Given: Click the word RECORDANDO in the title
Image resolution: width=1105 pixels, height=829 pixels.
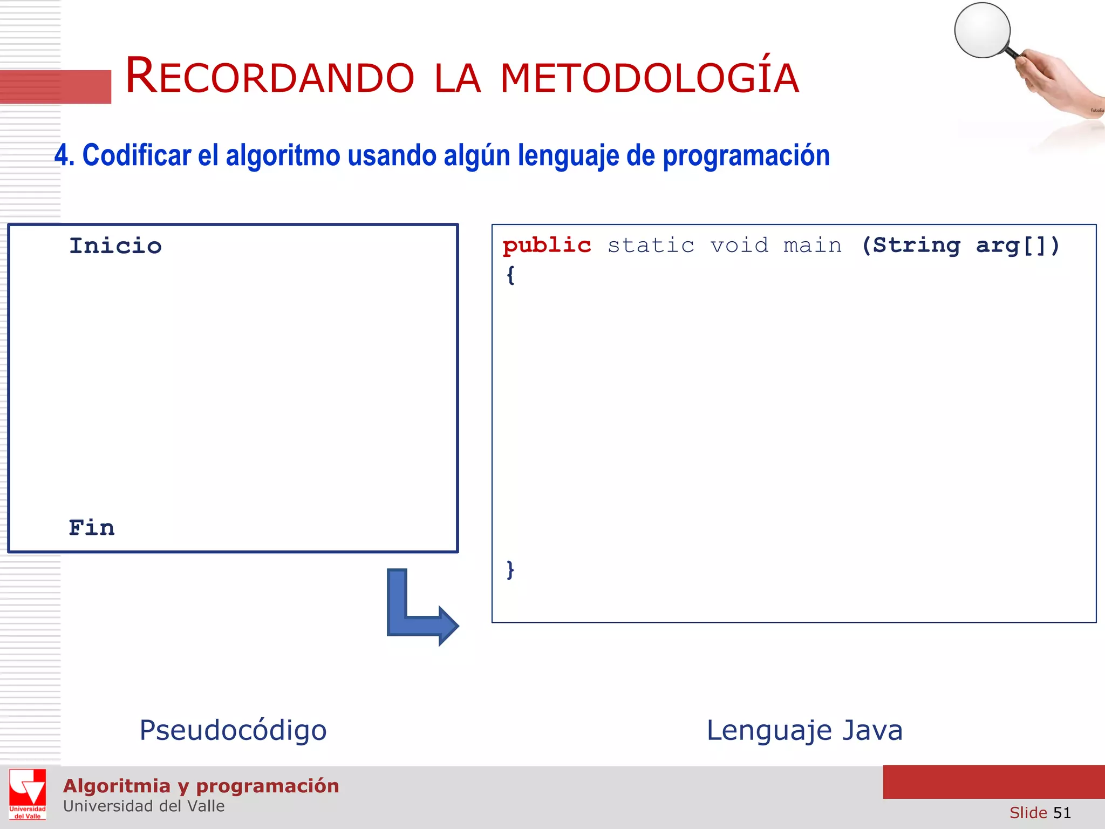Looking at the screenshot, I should [x=270, y=77].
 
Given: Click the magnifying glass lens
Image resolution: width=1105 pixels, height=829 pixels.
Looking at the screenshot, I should [x=982, y=30].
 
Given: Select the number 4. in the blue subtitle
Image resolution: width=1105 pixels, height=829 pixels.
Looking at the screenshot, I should [x=64, y=155].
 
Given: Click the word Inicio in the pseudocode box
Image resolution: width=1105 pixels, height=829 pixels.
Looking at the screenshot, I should [x=115, y=246].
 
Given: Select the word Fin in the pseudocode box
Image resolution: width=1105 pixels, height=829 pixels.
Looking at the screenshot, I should [x=92, y=528].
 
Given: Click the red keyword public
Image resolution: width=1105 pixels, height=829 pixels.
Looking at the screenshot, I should [x=547, y=246].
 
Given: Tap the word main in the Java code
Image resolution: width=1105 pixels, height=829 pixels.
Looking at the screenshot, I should [x=813, y=246].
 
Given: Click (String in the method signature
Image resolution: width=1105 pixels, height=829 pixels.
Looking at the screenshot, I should [x=911, y=246].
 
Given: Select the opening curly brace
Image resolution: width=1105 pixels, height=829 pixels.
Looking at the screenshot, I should [x=510, y=275].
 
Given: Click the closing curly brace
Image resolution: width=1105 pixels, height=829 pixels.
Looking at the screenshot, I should [x=510, y=570].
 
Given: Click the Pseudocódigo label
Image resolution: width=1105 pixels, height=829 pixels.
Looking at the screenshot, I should [x=233, y=730].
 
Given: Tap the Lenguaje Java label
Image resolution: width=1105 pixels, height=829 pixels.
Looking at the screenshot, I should [x=804, y=730].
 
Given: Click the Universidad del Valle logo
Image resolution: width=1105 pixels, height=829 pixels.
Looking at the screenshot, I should [x=28, y=794].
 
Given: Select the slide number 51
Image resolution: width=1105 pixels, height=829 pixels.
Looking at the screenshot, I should [x=1061, y=812].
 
